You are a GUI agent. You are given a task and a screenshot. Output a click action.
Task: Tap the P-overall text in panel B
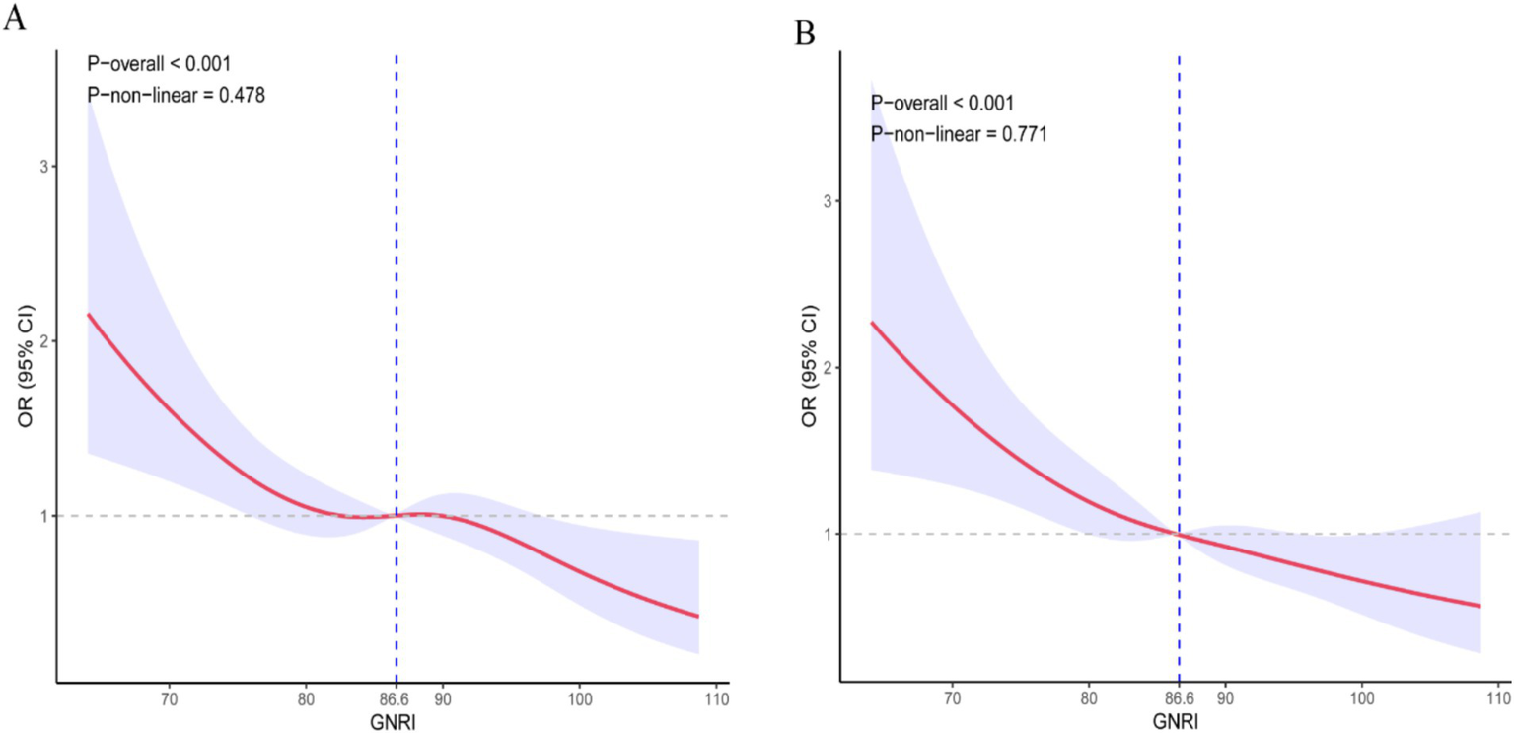tap(942, 103)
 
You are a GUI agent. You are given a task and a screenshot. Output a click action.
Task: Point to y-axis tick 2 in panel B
tap(826, 367)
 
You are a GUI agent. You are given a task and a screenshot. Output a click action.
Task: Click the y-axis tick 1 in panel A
tap(42, 516)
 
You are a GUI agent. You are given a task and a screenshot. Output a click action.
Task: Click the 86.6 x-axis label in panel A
tap(396, 700)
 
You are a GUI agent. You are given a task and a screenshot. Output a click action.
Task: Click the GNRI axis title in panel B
tap(1176, 722)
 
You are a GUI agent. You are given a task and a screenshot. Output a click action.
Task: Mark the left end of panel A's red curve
tap(89, 314)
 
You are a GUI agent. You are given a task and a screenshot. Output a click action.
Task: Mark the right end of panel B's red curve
tap(1481, 606)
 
